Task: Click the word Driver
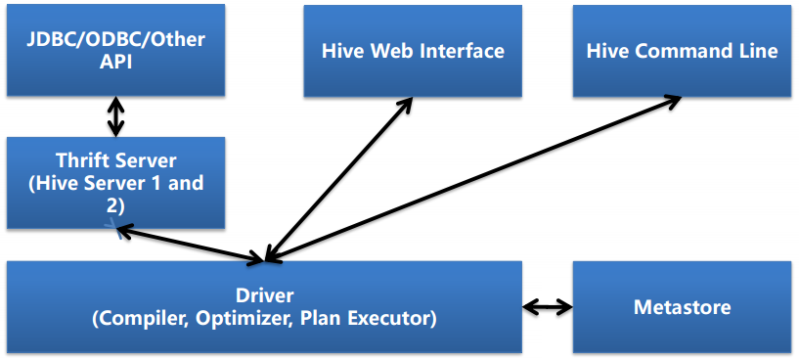click(264, 294)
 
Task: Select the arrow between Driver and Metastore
click(548, 307)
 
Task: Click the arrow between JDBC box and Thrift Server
click(116, 116)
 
